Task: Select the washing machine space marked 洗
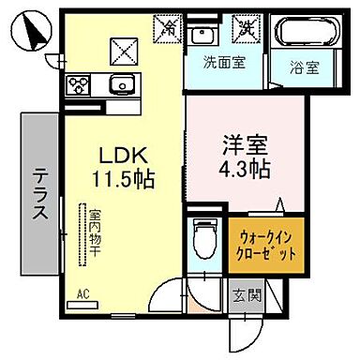pyautogui.click(x=247, y=29)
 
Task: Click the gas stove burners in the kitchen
pyautogui.click(x=78, y=87)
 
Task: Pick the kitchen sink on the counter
pyautogui.click(x=119, y=87)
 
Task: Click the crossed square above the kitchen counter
pyautogui.click(x=123, y=47)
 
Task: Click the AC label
pyautogui.click(x=83, y=294)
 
